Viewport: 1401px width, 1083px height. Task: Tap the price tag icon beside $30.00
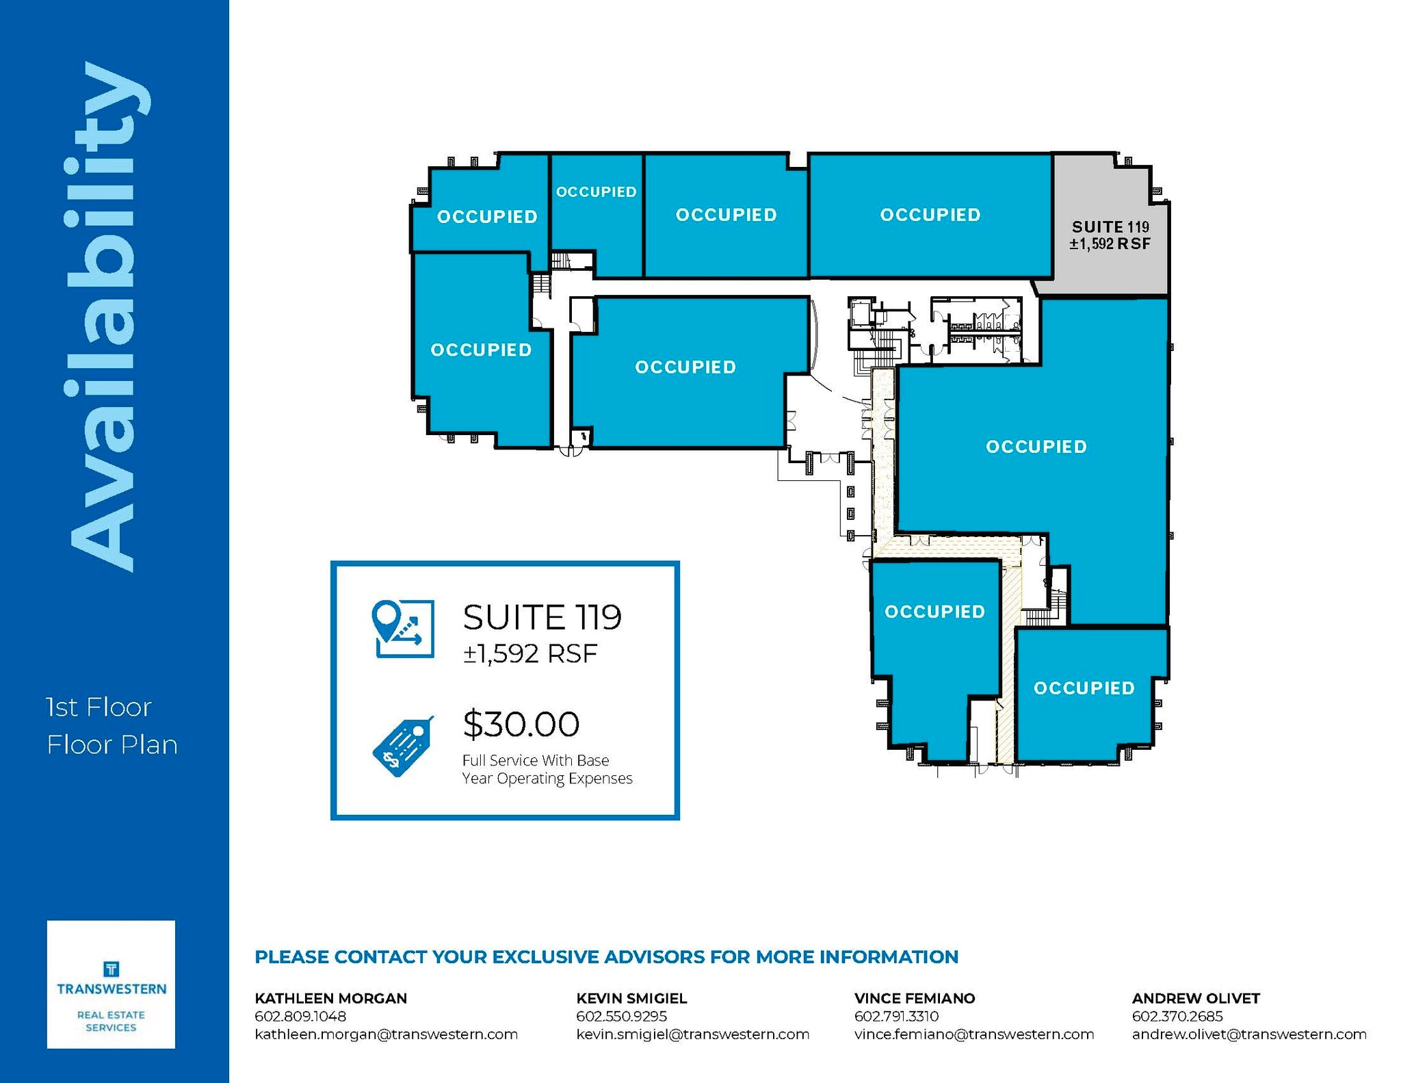tap(403, 746)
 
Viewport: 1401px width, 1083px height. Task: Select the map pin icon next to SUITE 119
tap(403, 629)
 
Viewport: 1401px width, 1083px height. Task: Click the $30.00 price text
tap(521, 725)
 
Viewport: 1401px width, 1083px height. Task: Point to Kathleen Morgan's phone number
tap(300, 1017)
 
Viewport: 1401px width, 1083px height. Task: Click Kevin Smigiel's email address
tap(692, 1034)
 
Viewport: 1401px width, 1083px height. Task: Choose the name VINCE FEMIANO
tap(915, 998)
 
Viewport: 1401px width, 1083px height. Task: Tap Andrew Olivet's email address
tap(1249, 1034)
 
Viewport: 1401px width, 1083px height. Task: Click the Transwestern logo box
tap(111, 984)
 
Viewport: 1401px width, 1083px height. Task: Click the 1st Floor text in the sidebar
tap(99, 707)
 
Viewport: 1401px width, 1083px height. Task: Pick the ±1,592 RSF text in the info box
tap(530, 654)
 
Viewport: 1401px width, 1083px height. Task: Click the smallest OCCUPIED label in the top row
tap(596, 192)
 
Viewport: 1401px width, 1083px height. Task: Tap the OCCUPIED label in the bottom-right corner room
tap(1084, 688)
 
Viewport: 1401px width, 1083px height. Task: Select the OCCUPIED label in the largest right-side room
tap(1036, 447)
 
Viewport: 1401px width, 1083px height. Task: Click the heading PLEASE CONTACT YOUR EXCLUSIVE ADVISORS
tap(606, 957)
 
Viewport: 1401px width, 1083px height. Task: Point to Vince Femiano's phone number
tap(896, 1017)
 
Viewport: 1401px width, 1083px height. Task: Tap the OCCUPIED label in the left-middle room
tap(481, 350)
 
